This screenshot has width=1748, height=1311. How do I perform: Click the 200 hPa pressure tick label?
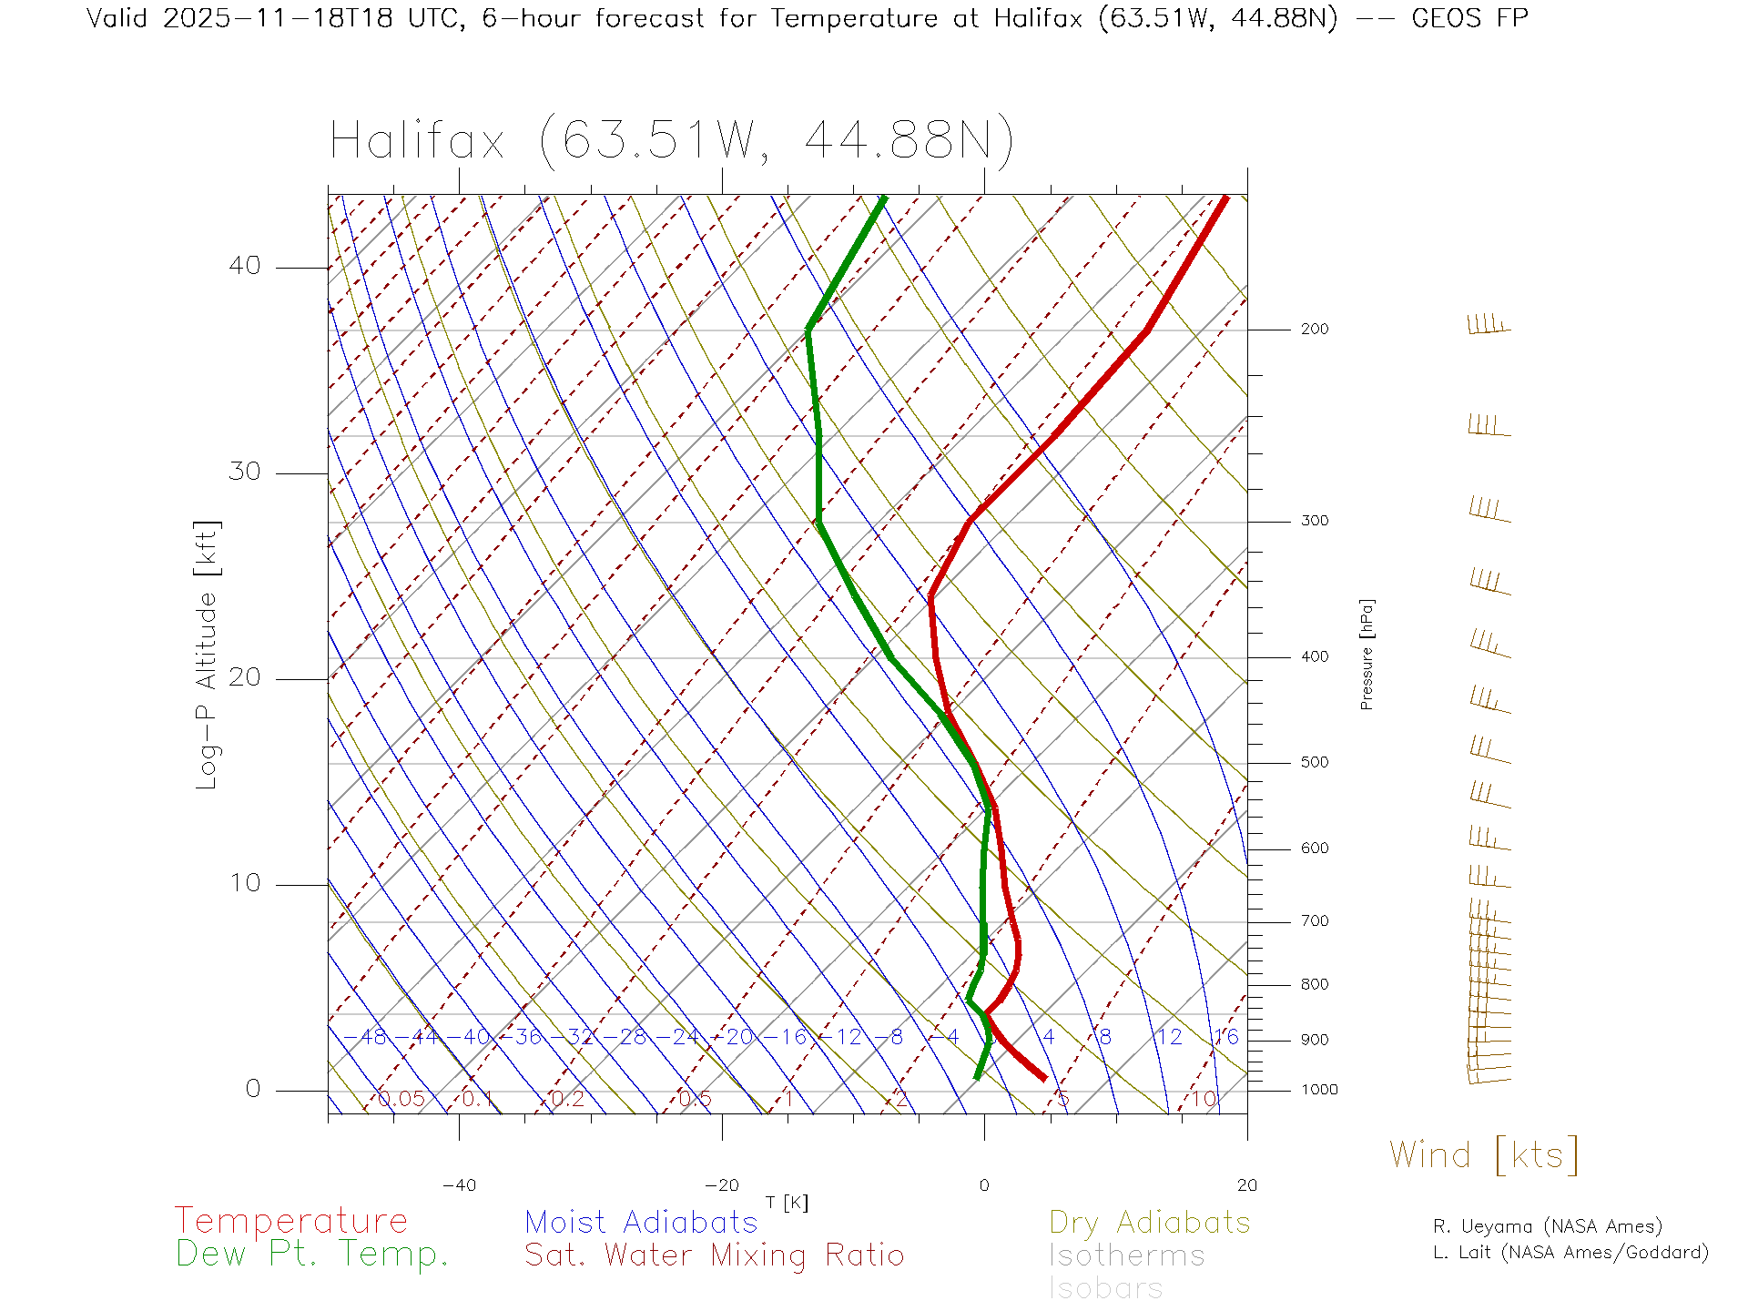click(1314, 330)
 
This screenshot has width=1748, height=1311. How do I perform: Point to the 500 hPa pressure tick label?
click(1314, 763)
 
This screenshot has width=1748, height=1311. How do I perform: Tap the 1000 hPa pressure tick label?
click(1318, 1090)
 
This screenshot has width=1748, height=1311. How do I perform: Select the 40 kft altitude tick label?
click(244, 266)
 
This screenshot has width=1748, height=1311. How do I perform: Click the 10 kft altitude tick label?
click(244, 883)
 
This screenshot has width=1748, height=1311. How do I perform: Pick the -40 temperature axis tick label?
click(459, 1185)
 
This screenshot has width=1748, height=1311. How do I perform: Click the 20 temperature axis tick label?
click(1246, 1185)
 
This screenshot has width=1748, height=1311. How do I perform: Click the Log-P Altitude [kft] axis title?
click(208, 655)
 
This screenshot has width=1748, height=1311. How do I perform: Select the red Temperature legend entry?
click(291, 1221)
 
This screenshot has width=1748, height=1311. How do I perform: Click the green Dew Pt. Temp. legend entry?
click(312, 1255)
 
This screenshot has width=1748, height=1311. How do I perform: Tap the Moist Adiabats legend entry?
click(641, 1223)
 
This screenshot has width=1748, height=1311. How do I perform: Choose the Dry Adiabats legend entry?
click(1150, 1223)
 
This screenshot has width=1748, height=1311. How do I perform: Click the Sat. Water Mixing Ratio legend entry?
click(714, 1255)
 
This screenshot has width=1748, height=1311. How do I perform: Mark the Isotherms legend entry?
click(1127, 1255)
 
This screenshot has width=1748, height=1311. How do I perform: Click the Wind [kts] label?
click(1484, 1155)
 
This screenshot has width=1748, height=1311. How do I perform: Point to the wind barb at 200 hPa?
click(1489, 326)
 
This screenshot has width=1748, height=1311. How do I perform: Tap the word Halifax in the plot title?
click(417, 142)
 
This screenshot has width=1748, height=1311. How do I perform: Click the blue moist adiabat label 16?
click(1226, 1037)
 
